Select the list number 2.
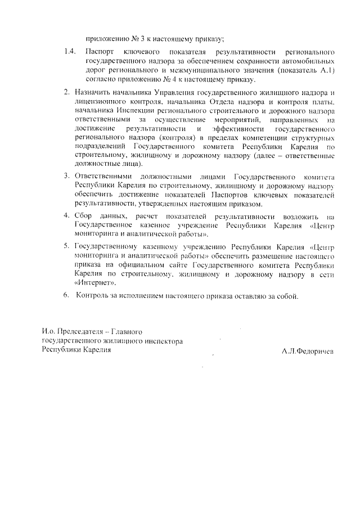pyautogui.click(x=66, y=92)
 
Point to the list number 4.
pyautogui.click(x=66, y=216)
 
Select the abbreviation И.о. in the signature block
pyautogui.click(x=49, y=332)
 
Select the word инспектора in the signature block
pyautogui.click(x=160, y=341)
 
